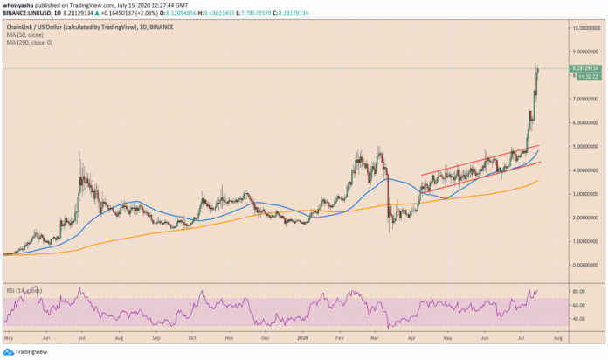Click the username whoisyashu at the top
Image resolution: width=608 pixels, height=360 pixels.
[x=19, y=5]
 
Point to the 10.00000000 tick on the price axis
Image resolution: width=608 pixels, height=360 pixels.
[x=584, y=28]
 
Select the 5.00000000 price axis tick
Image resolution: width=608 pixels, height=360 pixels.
[x=584, y=147]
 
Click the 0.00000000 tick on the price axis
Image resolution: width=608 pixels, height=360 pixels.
[x=584, y=264]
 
